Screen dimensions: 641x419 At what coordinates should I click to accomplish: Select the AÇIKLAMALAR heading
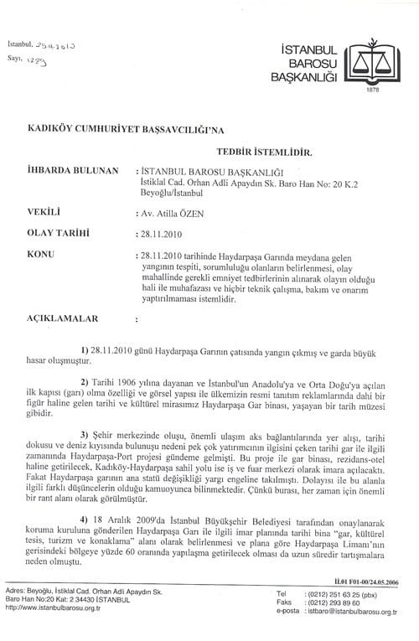coord(63,318)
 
